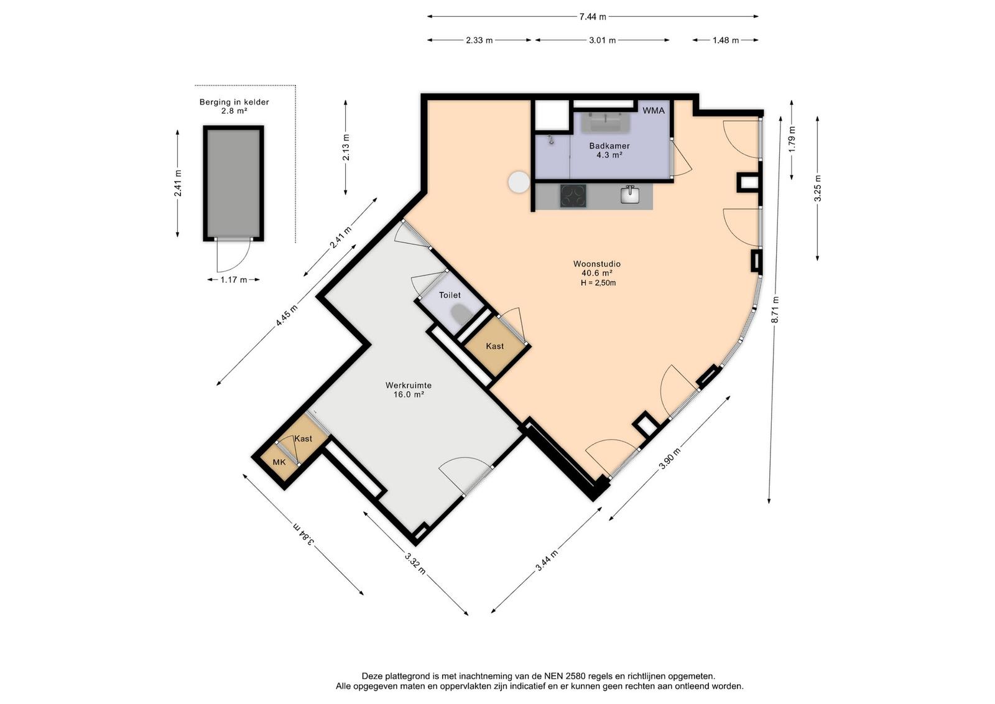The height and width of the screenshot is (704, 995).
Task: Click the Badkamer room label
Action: pyautogui.click(x=609, y=146)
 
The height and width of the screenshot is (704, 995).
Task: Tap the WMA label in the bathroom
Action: pyautogui.click(x=654, y=111)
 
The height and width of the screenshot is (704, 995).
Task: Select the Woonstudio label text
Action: pyautogui.click(x=596, y=264)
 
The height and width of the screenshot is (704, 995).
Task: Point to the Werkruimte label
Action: pyautogui.click(x=408, y=385)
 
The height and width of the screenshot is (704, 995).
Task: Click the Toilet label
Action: pyautogui.click(x=450, y=295)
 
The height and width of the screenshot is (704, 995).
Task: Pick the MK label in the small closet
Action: pyautogui.click(x=279, y=462)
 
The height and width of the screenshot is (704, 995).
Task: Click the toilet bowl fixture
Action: pyautogui.click(x=461, y=314)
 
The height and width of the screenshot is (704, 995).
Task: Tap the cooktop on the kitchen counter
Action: pyautogui.click(x=573, y=196)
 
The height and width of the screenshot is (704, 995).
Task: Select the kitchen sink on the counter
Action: pyautogui.click(x=629, y=195)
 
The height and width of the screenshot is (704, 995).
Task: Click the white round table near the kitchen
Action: pyautogui.click(x=519, y=182)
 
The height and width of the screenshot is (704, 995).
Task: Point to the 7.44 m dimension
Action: pyautogui.click(x=593, y=17)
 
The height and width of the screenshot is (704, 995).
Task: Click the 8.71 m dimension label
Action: pyautogui.click(x=774, y=310)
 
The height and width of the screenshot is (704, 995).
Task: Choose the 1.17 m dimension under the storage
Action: pyautogui.click(x=234, y=280)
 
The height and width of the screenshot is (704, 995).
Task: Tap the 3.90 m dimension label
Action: pyautogui.click(x=669, y=458)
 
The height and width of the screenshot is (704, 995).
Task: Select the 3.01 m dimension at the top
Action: pyautogui.click(x=603, y=40)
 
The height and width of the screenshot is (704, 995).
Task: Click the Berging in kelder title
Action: pyautogui.click(x=234, y=102)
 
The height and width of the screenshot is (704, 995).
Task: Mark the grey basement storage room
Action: pyautogui.click(x=234, y=183)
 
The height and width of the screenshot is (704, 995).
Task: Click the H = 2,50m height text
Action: pyautogui.click(x=598, y=283)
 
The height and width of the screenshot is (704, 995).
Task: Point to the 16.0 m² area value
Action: pyautogui.click(x=408, y=394)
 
